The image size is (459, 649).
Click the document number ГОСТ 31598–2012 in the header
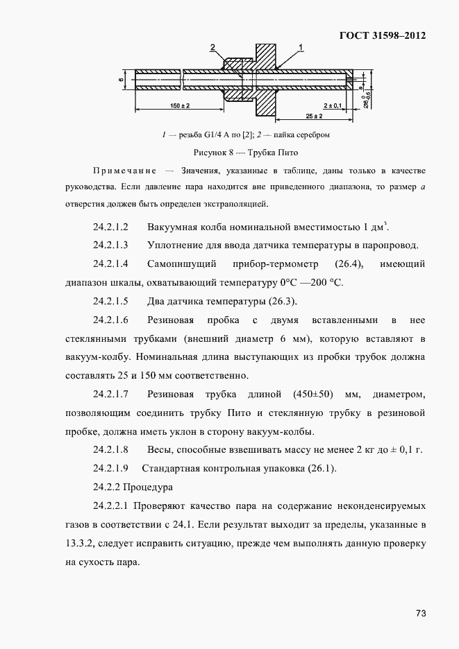[381, 35]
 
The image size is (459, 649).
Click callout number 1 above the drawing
[302, 46]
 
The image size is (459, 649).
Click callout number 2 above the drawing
[212, 47]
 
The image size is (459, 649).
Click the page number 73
[421, 613]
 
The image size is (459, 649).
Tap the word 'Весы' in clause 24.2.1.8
[162, 450]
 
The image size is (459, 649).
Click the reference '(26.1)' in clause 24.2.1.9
[319, 469]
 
